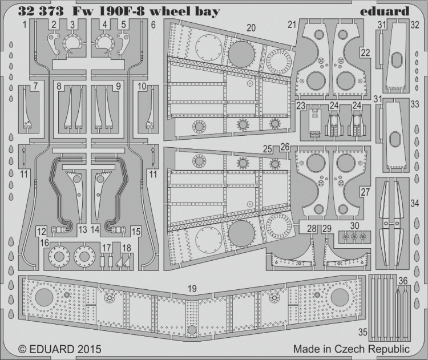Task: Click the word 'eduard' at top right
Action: [x=384, y=11]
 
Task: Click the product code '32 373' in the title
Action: [x=41, y=11]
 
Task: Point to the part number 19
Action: [x=192, y=289]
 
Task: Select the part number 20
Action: [x=251, y=28]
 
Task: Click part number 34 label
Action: [x=415, y=203]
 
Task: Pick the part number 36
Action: [x=403, y=281]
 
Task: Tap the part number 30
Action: [x=354, y=226]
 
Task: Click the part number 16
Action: [x=45, y=242]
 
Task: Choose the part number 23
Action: [x=301, y=106]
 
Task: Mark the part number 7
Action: [x=35, y=86]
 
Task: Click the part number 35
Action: [x=363, y=332]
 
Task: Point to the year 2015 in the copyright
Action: [x=90, y=349]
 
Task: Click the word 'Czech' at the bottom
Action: [x=350, y=349]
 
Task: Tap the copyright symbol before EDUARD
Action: [x=23, y=349]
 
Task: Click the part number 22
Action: [x=365, y=52]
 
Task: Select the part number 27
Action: [x=365, y=192]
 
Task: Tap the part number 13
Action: [x=83, y=229]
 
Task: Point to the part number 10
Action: [x=142, y=86]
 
